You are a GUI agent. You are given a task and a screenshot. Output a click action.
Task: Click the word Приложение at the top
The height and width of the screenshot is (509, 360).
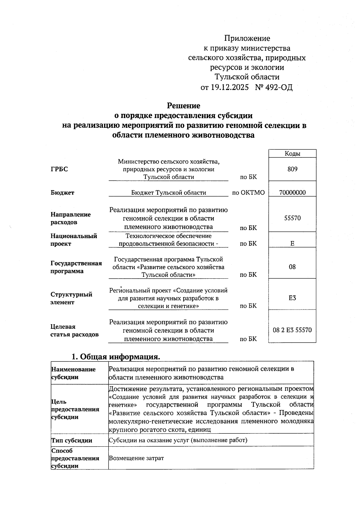click(x=247, y=38)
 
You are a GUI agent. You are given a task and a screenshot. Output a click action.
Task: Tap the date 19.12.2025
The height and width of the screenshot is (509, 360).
click(x=229, y=87)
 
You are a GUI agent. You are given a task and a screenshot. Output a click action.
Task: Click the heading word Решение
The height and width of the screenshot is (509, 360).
click(x=183, y=106)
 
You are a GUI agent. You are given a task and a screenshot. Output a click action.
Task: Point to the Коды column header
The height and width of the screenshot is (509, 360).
click(x=292, y=154)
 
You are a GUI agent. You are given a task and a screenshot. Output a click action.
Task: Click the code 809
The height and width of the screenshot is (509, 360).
click(x=292, y=169)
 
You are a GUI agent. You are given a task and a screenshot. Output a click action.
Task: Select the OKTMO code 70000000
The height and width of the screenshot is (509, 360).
click(x=292, y=193)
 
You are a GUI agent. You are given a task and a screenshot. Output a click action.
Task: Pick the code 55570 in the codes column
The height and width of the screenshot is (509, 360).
click(x=292, y=218)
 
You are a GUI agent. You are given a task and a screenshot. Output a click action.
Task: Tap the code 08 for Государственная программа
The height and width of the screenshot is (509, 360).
click(x=292, y=267)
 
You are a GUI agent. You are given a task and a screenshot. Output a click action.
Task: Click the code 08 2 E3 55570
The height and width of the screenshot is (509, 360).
click(x=292, y=330)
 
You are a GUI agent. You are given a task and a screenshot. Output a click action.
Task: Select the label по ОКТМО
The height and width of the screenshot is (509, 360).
click(x=248, y=193)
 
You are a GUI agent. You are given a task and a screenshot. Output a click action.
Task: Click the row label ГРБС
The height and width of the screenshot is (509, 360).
click(x=59, y=169)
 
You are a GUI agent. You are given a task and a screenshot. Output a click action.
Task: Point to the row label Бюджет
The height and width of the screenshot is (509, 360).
click(x=62, y=193)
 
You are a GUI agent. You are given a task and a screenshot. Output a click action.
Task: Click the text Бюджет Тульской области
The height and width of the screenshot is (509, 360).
click(x=169, y=193)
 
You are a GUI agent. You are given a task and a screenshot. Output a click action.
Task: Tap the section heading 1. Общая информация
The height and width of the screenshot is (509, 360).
click(x=115, y=357)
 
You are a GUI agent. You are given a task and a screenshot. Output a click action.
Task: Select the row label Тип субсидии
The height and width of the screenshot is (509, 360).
click(x=72, y=440)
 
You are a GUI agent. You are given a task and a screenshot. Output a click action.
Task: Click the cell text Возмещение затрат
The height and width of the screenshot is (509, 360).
click(x=136, y=458)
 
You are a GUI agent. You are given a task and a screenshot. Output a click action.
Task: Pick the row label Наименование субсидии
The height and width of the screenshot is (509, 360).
click(x=73, y=373)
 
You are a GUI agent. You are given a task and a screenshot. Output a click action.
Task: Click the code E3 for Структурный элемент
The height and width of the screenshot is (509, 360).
click(x=292, y=298)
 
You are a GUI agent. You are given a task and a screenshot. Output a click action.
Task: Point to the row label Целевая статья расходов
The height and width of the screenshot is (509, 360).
click(x=74, y=331)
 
